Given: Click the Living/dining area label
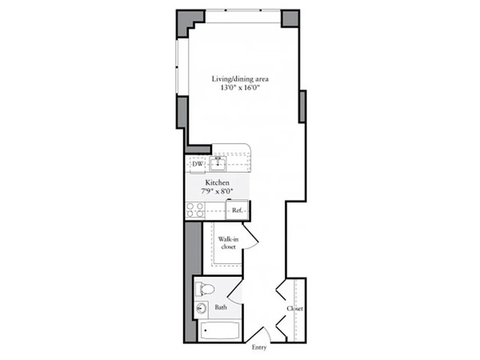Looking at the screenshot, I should tap(240, 79).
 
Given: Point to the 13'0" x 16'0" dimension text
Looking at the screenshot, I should tap(240, 88).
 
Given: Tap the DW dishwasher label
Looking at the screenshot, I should tap(197, 165).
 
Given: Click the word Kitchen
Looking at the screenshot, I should tap(217, 183).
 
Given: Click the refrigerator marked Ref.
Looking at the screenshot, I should tap(237, 210).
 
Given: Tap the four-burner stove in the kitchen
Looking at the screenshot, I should tap(195, 210).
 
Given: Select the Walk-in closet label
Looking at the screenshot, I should tap(228, 243).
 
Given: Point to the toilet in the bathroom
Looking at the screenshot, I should tap(206, 288).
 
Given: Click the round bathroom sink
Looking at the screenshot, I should tap(201, 309).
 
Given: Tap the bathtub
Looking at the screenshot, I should tap(220, 332).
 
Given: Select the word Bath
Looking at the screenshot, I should tap(220, 308).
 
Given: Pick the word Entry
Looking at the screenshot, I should tap(259, 347).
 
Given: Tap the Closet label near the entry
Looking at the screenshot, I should tap(295, 309).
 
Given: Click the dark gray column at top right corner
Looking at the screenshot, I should tap(290, 18).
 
